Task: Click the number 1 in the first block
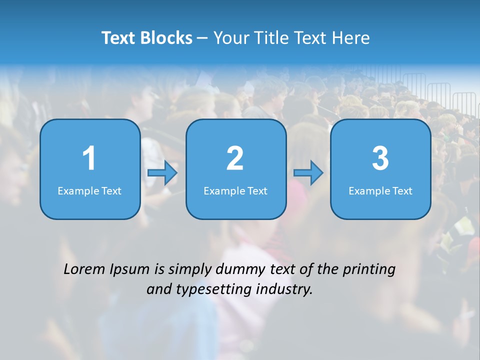pyautogui.click(x=89, y=158)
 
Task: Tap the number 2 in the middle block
pyautogui.click(x=235, y=158)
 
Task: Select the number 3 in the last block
pyautogui.click(x=380, y=158)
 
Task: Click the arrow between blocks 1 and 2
pyautogui.click(x=162, y=173)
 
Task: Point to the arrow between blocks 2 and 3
pyautogui.click(x=308, y=173)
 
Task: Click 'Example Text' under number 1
pyautogui.click(x=89, y=191)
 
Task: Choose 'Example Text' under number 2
pyautogui.click(x=235, y=191)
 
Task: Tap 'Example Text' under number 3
pyautogui.click(x=380, y=191)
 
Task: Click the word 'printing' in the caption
pyautogui.click(x=369, y=270)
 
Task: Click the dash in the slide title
pyautogui.click(x=202, y=38)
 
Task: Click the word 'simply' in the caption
pyautogui.click(x=190, y=270)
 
